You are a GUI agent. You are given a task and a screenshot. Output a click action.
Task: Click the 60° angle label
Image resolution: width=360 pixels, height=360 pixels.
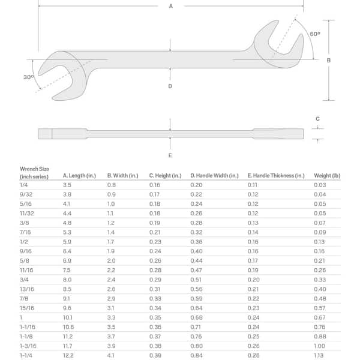click(x=315, y=34)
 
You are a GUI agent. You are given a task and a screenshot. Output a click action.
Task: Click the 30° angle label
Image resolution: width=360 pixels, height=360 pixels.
click(x=28, y=77)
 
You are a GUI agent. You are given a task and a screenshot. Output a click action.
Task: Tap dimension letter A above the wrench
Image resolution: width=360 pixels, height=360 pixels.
click(x=171, y=6)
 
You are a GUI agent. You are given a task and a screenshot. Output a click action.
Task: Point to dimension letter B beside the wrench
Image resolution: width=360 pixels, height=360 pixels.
click(x=329, y=60)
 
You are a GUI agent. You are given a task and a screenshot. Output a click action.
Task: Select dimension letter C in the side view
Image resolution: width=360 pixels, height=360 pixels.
click(x=317, y=119)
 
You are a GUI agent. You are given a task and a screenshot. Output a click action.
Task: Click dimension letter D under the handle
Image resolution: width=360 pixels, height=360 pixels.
click(x=170, y=86)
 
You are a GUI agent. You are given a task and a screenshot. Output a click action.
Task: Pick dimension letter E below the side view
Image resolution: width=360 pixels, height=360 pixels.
click(x=170, y=155)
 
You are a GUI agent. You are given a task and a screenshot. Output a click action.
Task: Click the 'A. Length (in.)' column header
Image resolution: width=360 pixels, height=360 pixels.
click(x=79, y=176)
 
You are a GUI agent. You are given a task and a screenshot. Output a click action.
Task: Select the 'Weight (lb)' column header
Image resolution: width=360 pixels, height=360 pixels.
click(x=327, y=176)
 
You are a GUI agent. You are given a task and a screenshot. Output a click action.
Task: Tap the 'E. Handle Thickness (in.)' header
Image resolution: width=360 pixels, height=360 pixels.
click(x=276, y=176)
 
